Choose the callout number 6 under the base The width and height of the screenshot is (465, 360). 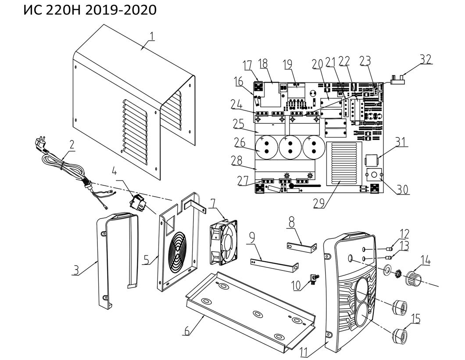tap(187, 331)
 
